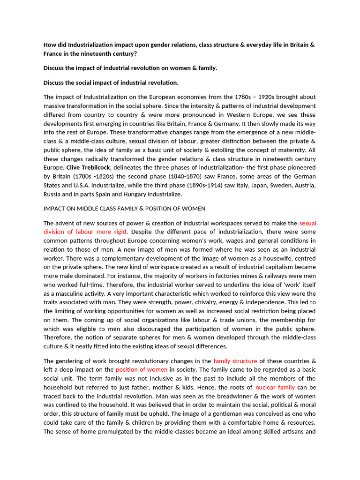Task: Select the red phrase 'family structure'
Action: click(x=235, y=361)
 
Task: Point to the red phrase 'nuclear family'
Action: click(x=275, y=387)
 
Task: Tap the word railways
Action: click(x=263, y=276)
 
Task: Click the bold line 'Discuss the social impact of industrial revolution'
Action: click(x=111, y=82)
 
